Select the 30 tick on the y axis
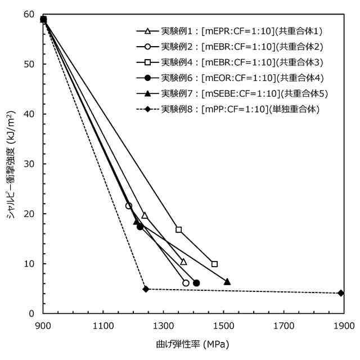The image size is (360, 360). click(x=30, y=164)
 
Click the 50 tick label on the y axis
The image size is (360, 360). click(x=30, y=64)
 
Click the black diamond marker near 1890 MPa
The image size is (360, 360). click(x=341, y=293)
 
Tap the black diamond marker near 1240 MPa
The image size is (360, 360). click(x=146, y=289)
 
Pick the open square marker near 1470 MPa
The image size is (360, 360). click(x=214, y=264)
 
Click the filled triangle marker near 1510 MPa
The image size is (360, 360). click(x=227, y=282)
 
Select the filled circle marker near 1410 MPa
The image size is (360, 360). click(x=196, y=283)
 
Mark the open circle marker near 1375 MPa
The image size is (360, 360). click(x=186, y=283)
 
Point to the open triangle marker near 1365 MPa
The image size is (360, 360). click(x=183, y=262)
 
